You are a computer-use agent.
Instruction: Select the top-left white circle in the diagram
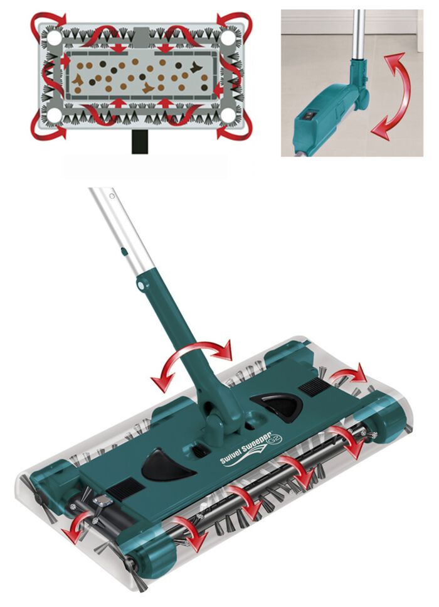tap(54, 38)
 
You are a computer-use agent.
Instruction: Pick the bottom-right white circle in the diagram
tap(227, 115)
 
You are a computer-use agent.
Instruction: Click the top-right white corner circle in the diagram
tap(227, 38)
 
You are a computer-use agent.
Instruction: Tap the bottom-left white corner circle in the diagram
tap(54, 115)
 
